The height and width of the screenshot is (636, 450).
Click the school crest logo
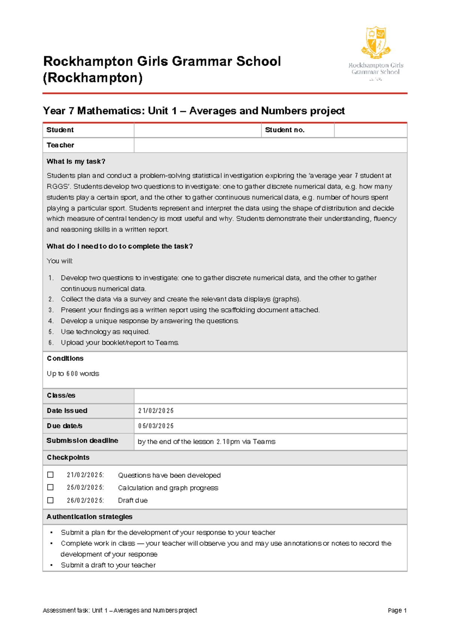376,42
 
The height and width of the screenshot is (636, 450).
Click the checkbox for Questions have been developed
50,475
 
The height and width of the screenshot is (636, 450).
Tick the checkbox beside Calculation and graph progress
50,487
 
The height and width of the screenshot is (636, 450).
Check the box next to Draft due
50,500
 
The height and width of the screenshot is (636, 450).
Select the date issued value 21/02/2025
156,411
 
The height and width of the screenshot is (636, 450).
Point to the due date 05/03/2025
156,426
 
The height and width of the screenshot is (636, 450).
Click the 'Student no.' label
285,130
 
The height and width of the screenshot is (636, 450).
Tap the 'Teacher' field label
60,145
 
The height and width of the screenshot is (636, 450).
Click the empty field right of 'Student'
197,130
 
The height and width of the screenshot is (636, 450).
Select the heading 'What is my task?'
76,162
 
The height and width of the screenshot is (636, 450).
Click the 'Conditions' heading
65,358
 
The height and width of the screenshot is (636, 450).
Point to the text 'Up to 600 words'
73,373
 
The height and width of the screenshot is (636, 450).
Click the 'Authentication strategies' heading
89,517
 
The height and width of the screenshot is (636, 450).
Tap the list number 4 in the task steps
51,321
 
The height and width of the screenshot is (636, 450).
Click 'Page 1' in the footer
397,610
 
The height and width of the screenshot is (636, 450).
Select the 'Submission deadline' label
82,441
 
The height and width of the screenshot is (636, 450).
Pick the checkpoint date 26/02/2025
85,501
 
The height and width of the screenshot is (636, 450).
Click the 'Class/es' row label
61,396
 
